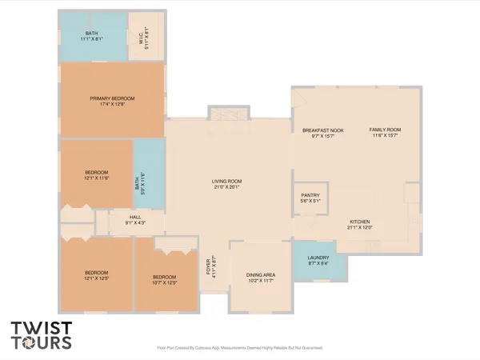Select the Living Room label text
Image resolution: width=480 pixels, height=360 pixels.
pyautogui.click(x=226, y=182)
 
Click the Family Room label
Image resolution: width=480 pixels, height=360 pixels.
pyautogui.click(x=384, y=130)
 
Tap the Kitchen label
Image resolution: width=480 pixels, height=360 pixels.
pyautogui.click(x=359, y=222)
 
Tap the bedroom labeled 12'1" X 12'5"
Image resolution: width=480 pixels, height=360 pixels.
pyautogui.click(x=96, y=275)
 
